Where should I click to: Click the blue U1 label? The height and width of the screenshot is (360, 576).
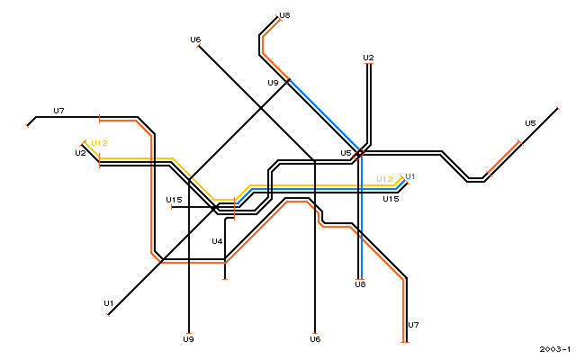[410, 176]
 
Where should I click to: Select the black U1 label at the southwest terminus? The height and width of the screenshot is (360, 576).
[109, 303]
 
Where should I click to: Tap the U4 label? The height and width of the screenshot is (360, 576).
[217, 241]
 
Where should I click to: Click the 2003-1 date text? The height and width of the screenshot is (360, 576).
[555, 349]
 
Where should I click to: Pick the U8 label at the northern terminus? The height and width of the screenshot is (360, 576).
[284, 15]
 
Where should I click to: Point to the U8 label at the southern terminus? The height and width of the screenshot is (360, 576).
[360, 284]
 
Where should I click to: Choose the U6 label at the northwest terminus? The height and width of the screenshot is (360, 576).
[195, 40]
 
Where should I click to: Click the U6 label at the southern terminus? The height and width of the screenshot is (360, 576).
[315, 339]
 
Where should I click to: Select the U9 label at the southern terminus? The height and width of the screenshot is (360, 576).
[188, 339]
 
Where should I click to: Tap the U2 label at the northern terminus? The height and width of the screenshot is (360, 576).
[368, 58]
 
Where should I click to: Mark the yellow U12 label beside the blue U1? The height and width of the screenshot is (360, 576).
[385, 179]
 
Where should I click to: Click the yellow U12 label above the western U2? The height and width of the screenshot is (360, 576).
[99, 143]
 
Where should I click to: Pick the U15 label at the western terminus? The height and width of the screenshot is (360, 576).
[174, 200]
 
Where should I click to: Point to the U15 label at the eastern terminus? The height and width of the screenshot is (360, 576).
[391, 199]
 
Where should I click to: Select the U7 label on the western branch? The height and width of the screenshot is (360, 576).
[58, 111]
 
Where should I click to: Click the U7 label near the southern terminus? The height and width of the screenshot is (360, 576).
[413, 325]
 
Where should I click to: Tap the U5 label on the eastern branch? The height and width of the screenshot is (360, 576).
[530, 123]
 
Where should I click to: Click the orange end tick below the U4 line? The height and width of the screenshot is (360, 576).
[225, 280]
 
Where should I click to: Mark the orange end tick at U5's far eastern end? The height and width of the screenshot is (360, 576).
[558, 108]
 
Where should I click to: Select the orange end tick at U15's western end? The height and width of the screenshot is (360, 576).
[171, 208]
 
